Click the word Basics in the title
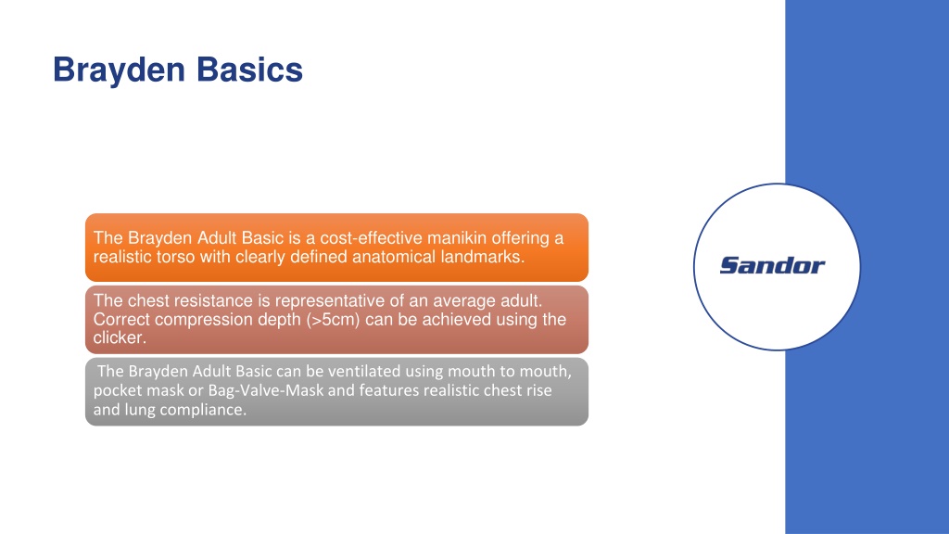tap(249, 70)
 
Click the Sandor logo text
tap(772, 265)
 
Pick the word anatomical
tap(394, 257)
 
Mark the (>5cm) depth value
tap(333, 320)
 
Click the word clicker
tap(120, 337)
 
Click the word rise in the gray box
tap(538, 390)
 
